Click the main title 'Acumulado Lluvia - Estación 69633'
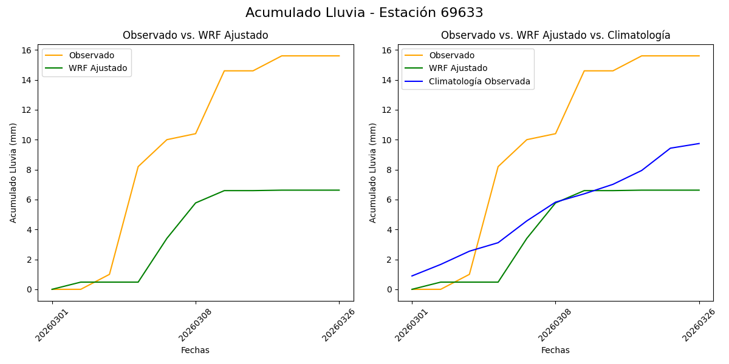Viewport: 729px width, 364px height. [x=364, y=13]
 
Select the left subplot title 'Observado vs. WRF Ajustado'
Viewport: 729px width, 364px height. [x=195, y=35]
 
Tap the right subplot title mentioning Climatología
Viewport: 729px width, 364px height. [x=555, y=35]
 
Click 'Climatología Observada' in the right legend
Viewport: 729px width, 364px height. [x=479, y=81]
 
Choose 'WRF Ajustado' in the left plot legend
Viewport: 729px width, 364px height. [x=98, y=68]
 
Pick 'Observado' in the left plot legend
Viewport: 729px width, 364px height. [x=91, y=55]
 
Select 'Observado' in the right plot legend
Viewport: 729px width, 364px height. [x=451, y=55]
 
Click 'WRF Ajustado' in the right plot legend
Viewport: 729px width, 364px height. [x=458, y=68]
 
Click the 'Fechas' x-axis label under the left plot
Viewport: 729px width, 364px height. [x=195, y=350]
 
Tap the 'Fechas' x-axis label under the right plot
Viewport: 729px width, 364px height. [x=555, y=350]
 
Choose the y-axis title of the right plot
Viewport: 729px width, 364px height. [x=373, y=172]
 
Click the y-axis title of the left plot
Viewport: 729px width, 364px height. [x=13, y=172]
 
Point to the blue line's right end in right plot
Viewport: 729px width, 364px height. [x=699, y=144]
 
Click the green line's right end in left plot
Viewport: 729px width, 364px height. [x=339, y=190]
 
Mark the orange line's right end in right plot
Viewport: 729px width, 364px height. [x=699, y=56]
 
